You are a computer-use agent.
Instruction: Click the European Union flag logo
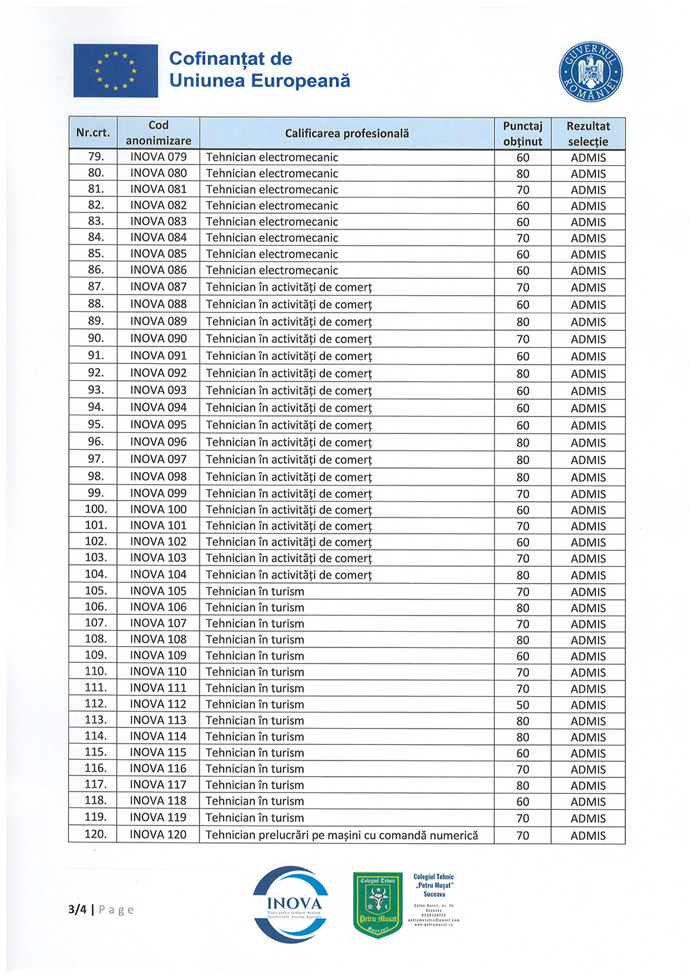116,71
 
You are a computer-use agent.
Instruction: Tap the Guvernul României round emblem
590,72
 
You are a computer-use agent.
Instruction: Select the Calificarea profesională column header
346,133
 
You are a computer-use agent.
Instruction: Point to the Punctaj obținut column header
522,133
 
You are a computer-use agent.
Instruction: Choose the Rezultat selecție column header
588,133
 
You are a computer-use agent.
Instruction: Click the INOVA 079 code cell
158,157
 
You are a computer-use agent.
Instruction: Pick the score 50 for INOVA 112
523,705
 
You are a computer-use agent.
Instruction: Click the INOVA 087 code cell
158,287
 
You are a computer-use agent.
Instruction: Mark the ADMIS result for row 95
588,425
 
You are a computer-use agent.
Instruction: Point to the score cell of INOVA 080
523,174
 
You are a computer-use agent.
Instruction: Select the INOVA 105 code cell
158,591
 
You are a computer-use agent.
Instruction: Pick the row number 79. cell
96,157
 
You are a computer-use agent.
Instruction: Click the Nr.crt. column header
93,133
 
